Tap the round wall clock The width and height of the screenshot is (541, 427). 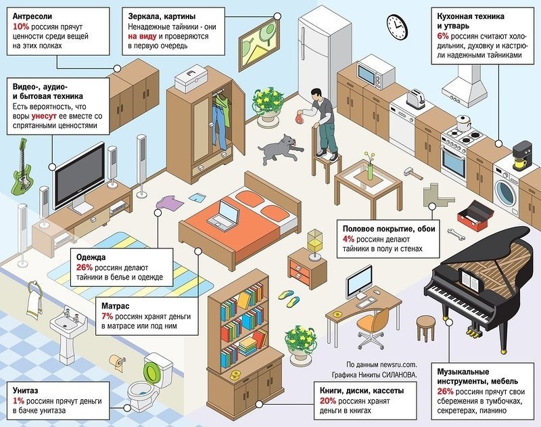[396, 25]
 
